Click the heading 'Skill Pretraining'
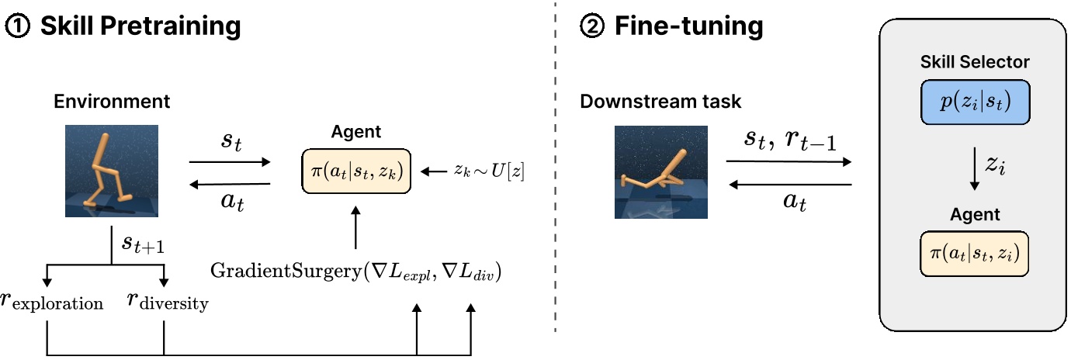[x=140, y=27]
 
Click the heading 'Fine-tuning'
[x=689, y=27]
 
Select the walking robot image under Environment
[x=111, y=171]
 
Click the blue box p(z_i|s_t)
[x=975, y=102]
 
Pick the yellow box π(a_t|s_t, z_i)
[x=975, y=253]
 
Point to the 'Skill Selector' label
[x=975, y=61]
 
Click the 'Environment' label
[x=112, y=101]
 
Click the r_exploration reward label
[x=52, y=301]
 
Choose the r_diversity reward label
[x=168, y=301]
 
